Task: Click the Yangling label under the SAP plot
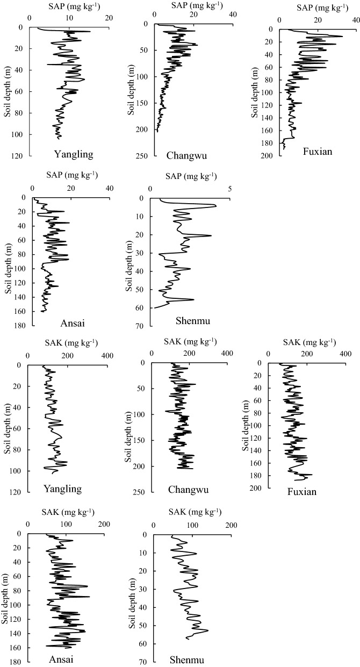[x=74, y=155]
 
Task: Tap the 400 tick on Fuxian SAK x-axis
[x=345, y=355]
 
